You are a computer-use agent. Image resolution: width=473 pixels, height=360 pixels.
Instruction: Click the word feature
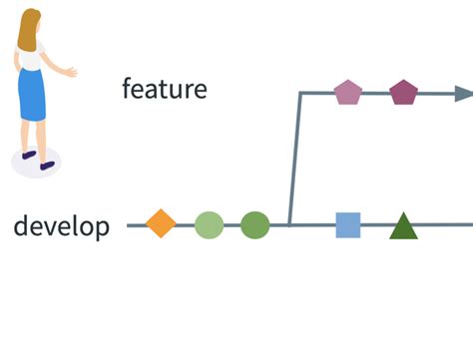tap(164, 89)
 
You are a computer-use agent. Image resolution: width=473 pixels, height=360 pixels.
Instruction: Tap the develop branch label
tap(61, 226)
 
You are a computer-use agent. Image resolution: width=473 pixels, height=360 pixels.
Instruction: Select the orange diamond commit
tap(161, 223)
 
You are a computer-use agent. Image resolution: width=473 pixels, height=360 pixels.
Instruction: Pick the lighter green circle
tap(209, 225)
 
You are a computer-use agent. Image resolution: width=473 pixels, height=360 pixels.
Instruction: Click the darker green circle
tap(255, 225)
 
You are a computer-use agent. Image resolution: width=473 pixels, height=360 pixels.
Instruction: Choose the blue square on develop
tap(348, 225)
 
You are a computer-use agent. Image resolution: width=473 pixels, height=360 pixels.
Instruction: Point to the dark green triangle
tap(403, 227)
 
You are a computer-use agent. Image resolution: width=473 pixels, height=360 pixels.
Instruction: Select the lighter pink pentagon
tap(347, 93)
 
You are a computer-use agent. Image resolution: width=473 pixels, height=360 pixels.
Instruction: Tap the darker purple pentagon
tap(403, 93)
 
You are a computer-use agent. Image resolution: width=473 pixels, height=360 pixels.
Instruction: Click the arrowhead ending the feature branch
tap(464, 94)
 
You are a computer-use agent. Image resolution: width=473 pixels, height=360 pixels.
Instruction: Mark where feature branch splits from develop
tap(289, 225)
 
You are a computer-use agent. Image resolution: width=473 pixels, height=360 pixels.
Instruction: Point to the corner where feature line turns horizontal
tap(299, 94)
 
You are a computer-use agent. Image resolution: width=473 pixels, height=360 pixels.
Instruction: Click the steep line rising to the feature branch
tap(294, 160)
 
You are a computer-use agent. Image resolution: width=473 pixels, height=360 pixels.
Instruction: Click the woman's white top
tap(31, 58)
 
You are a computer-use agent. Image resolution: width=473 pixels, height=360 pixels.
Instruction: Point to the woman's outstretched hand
tap(70, 72)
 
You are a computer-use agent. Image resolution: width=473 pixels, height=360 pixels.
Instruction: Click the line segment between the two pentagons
tap(375, 94)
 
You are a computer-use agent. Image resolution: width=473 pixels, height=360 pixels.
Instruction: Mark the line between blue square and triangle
tap(375, 225)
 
